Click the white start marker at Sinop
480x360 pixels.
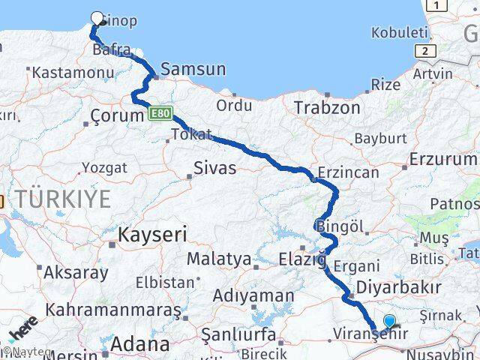click(97, 19)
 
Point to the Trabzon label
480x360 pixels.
click(327, 107)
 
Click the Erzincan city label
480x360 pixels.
click(347, 172)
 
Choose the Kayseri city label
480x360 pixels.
click(150, 235)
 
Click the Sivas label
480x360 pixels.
click(214, 168)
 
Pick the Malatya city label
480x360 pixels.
click(218, 259)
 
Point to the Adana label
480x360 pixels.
click(139, 344)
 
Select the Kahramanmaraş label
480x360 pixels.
click(108, 309)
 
